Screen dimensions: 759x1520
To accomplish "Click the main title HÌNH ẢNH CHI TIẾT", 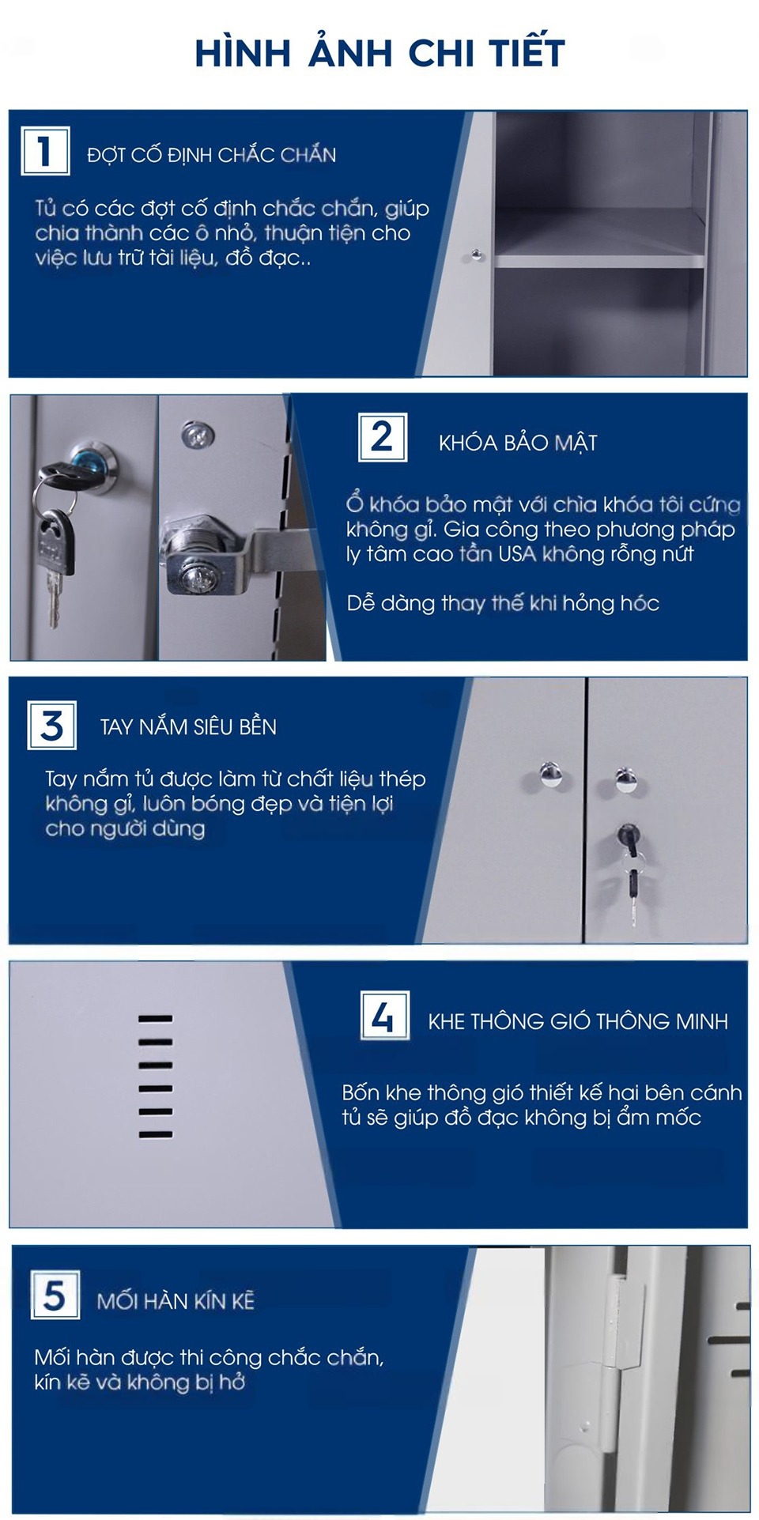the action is (379, 52).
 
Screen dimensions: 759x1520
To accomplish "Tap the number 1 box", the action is (45, 150).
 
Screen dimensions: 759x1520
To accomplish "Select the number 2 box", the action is (383, 437).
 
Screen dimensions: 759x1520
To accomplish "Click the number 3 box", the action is (52, 725).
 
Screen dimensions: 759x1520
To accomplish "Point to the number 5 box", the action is (55, 1295).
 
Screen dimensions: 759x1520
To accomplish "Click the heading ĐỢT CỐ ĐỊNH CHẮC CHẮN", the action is (212, 154).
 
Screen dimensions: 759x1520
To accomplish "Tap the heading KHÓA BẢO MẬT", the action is (518, 443).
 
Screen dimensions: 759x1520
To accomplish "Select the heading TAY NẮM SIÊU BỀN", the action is (188, 726).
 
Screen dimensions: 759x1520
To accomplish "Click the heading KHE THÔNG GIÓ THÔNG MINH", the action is (578, 1021).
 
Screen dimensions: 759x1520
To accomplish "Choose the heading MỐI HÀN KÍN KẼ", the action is (176, 1300).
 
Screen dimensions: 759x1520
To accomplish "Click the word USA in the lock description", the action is (517, 553).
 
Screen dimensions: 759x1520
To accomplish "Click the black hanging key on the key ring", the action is (57, 542).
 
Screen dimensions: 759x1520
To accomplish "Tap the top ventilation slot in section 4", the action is (155, 1019).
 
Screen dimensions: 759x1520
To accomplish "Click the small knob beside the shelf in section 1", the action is (477, 255).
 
